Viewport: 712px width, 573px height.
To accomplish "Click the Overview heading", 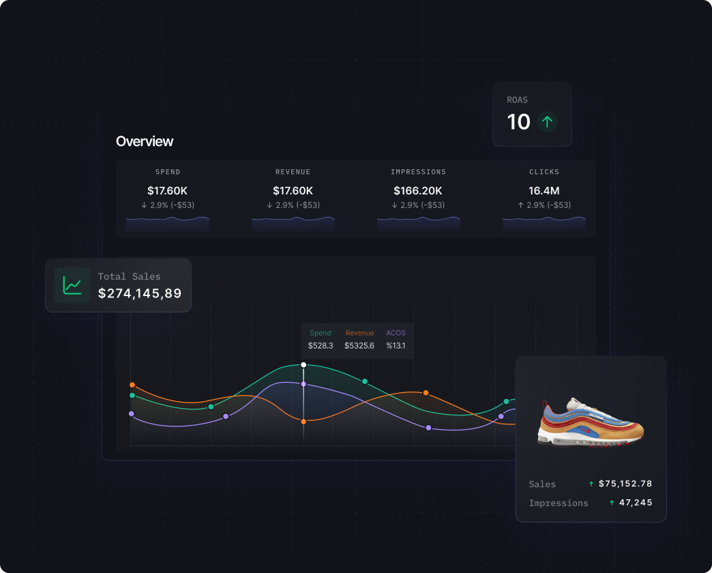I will tap(145, 141).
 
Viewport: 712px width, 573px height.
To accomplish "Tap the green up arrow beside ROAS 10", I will tap(547, 122).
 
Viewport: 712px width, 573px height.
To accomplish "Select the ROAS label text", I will tap(517, 100).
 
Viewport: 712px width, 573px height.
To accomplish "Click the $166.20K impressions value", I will tap(418, 190).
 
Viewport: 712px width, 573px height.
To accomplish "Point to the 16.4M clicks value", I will tap(544, 190).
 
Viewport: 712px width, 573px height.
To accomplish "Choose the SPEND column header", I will tap(168, 172).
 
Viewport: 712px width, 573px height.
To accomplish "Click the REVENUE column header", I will tap(293, 172).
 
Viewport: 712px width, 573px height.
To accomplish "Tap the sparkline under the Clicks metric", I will tap(544, 223).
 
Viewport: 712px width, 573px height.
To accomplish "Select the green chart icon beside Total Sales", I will tap(72, 285).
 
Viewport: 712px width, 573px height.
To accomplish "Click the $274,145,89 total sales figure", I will tap(140, 293).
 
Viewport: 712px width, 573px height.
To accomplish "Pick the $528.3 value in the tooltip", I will tap(321, 346).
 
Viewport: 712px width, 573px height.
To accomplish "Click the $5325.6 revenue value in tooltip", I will tap(359, 346).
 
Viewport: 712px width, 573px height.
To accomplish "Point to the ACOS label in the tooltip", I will tap(396, 333).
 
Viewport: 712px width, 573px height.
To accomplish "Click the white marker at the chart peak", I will tap(303, 365).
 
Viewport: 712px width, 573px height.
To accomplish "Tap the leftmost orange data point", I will tap(132, 385).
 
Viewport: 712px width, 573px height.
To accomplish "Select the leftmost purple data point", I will tap(132, 413).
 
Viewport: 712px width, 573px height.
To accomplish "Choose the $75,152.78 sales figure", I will tap(625, 484).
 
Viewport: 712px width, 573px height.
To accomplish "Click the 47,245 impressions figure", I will tap(636, 503).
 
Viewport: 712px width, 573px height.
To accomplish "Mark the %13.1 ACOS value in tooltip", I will tap(396, 346).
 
